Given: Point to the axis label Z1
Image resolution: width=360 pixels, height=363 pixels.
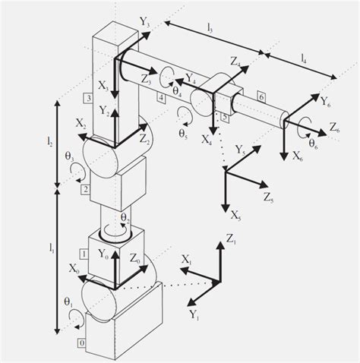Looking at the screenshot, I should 232,241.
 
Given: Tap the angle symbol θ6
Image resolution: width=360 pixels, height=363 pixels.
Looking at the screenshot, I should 312,140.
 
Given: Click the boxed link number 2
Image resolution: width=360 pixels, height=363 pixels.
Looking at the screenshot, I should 85,188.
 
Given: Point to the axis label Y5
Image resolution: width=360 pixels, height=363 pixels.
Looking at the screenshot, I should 242,150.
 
